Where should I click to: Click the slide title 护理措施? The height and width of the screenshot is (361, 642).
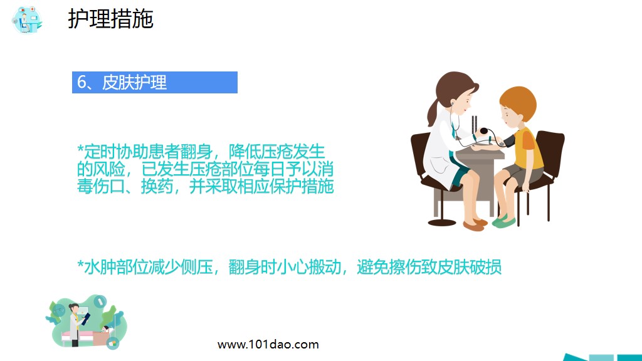click(x=110, y=19)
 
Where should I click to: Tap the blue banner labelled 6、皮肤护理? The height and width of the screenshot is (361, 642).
click(x=154, y=82)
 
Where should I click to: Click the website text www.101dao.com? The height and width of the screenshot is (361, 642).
click(x=268, y=344)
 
